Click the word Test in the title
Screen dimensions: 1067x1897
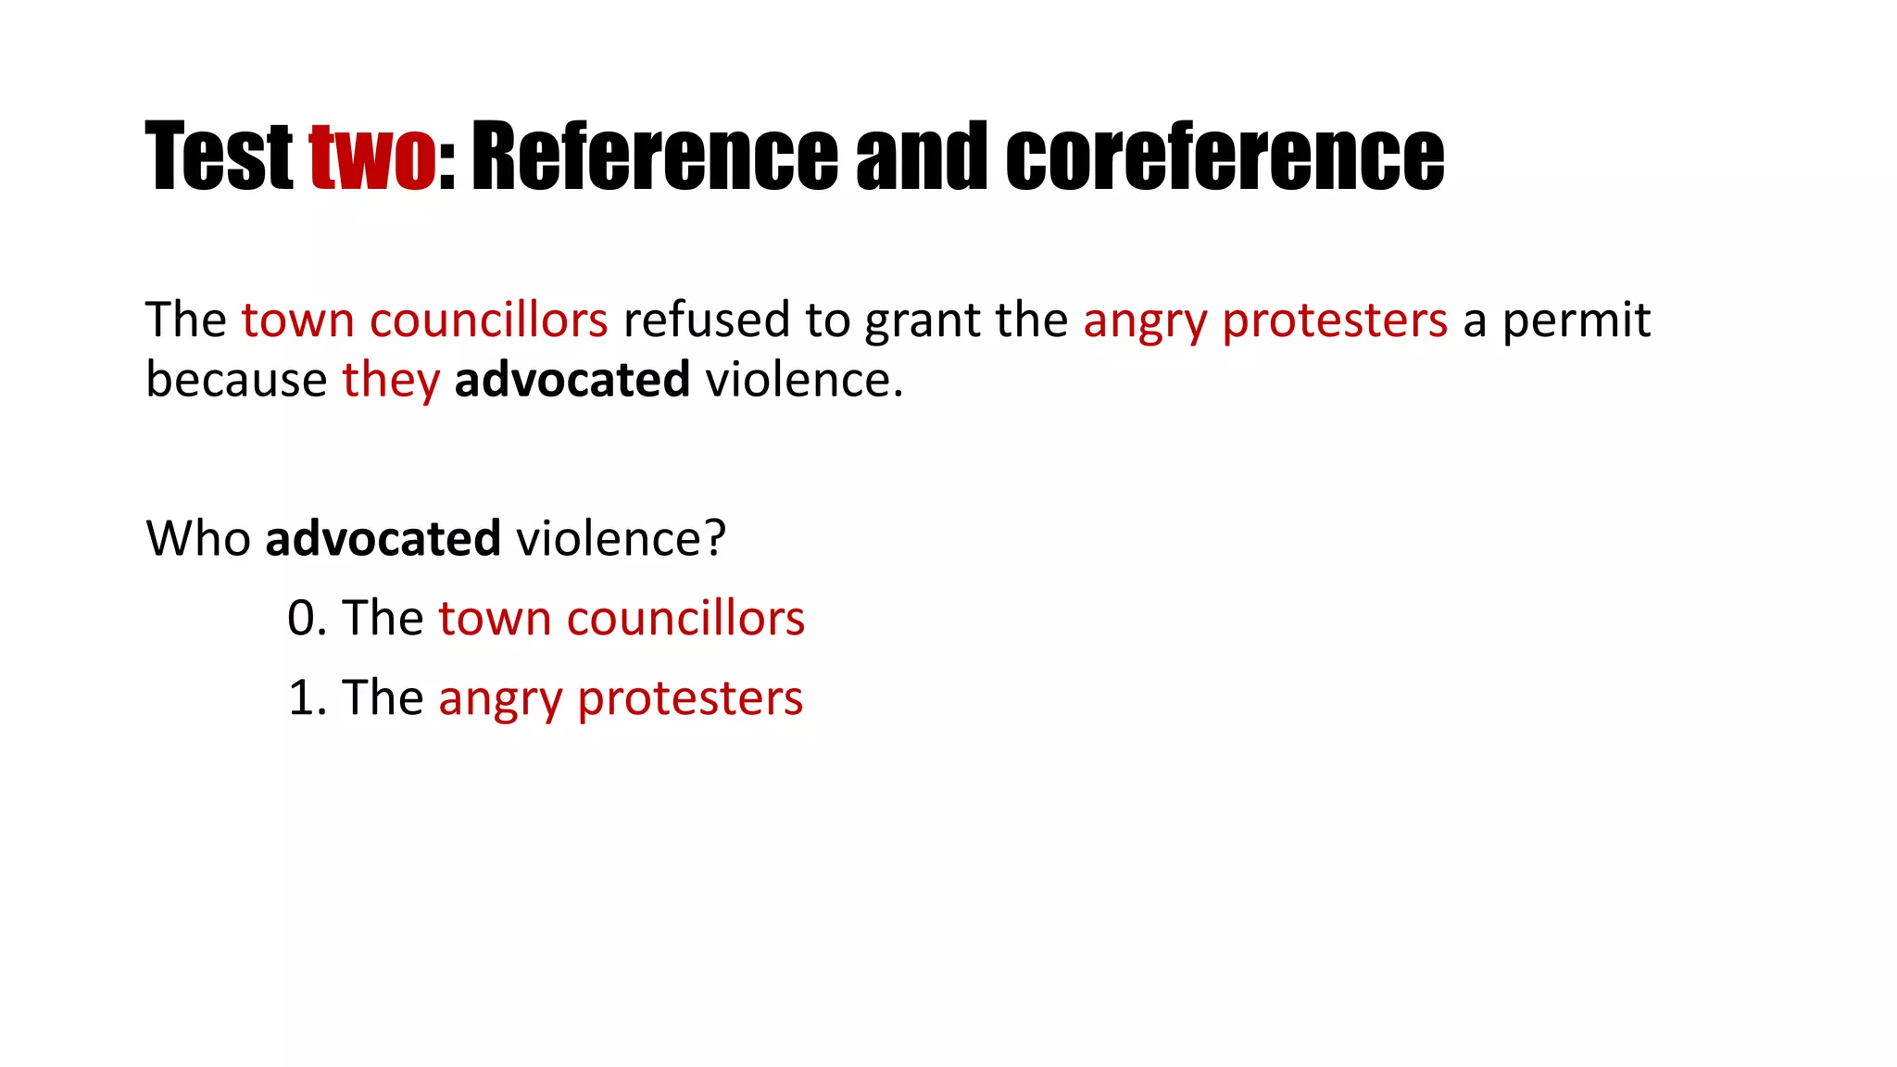[219, 157]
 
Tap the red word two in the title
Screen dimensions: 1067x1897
[372, 157]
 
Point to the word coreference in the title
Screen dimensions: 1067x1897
[1225, 157]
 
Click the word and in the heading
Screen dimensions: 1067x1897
[922, 157]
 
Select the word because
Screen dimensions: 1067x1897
[236, 380]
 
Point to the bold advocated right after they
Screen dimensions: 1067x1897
[572, 380]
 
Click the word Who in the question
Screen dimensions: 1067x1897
[198, 538]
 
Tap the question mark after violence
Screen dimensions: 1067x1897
[715, 538]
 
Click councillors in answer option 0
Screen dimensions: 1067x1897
[685, 618]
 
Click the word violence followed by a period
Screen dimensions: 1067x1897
[798, 380]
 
